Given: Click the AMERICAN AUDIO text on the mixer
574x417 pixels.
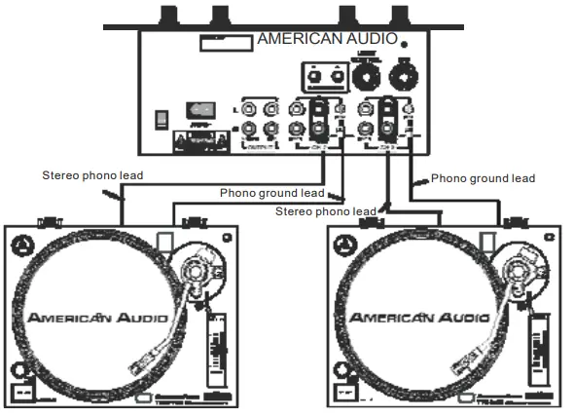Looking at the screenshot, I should click(326, 40).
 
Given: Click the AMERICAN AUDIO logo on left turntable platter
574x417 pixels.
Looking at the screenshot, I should click(96, 318).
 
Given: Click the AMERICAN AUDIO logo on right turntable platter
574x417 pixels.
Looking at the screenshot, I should click(418, 318).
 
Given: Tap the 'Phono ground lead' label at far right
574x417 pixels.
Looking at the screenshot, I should click(483, 178).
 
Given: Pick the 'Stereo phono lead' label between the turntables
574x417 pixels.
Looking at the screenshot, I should click(326, 210).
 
